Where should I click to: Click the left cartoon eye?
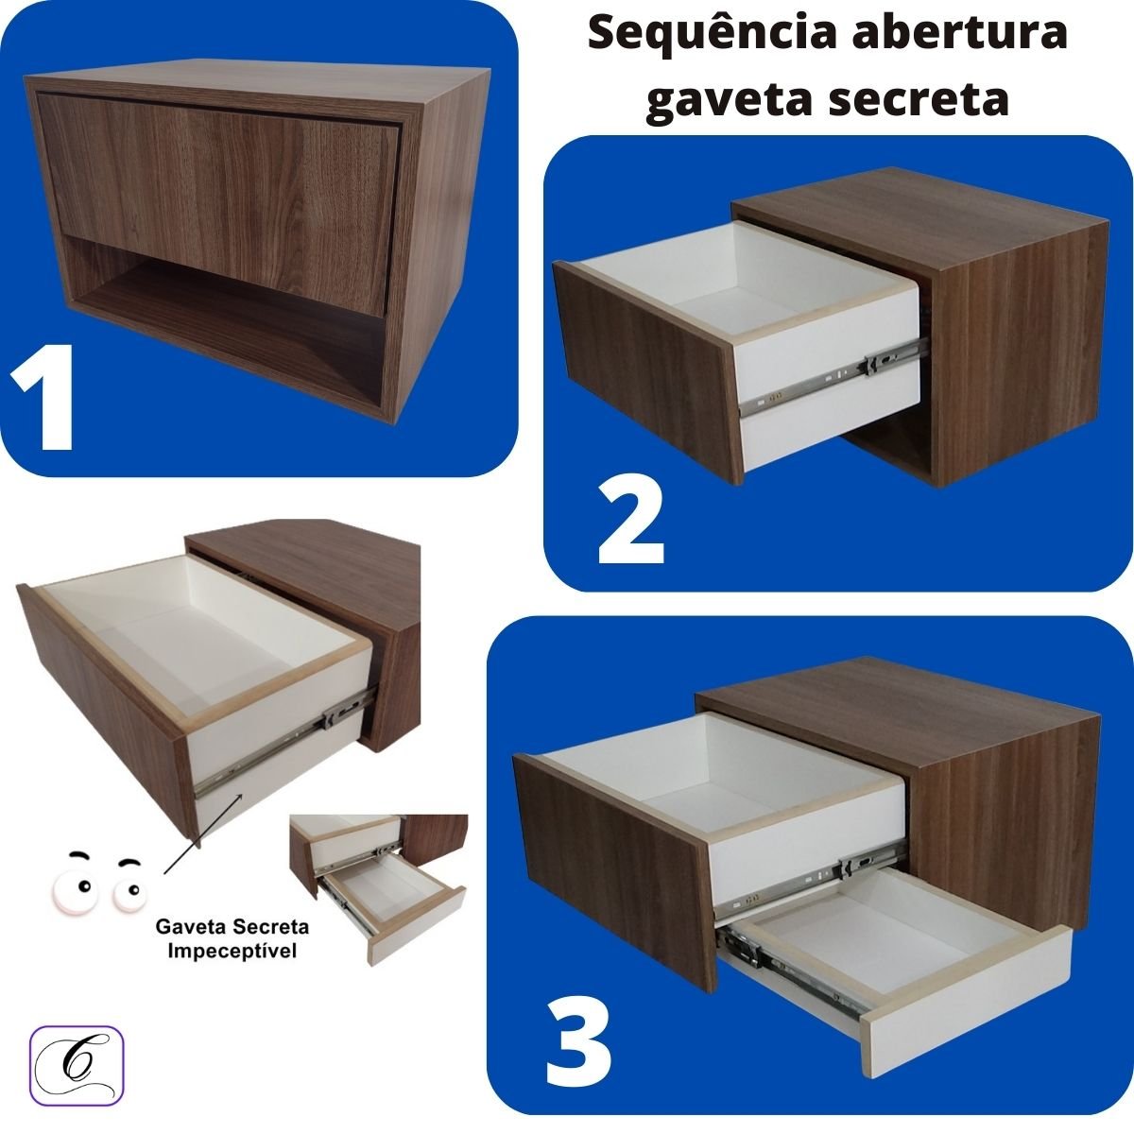pyautogui.click(x=82, y=885)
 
